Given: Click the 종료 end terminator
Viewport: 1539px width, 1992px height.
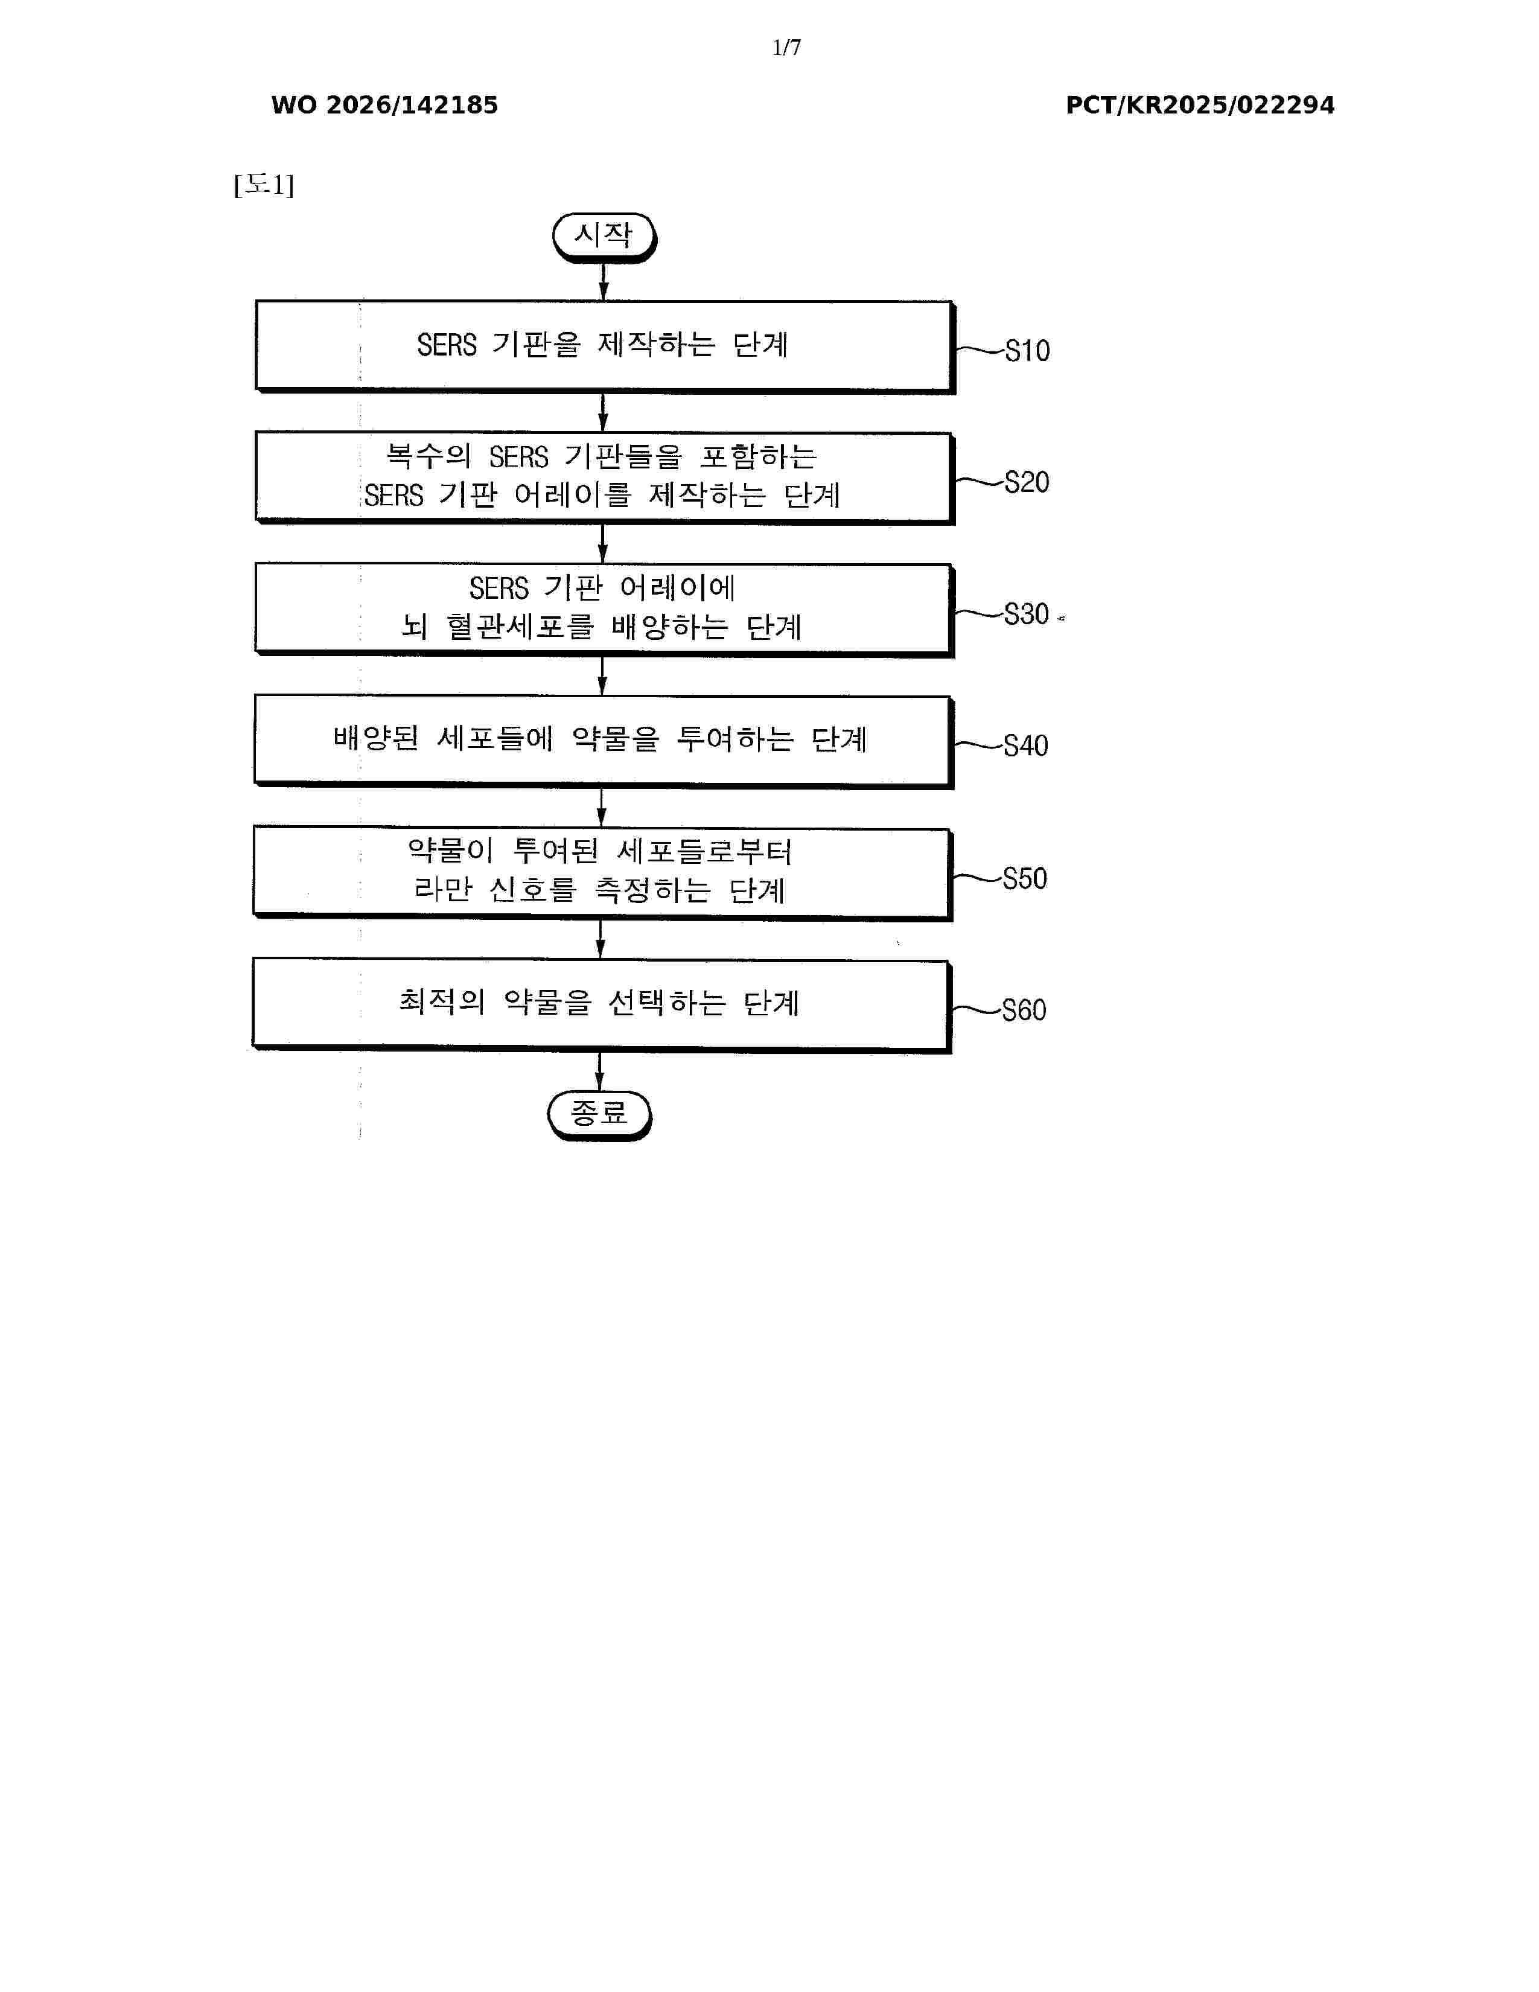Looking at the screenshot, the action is [x=599, y=1114].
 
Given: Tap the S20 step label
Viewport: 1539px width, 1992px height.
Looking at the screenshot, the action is [x=1027, y=482].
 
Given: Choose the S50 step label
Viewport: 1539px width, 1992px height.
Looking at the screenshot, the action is [x=1025, y=878].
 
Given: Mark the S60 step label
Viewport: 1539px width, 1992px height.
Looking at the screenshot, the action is [x=1024, y=1010].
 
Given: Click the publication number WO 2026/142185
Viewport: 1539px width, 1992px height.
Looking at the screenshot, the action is [x=385, y=105].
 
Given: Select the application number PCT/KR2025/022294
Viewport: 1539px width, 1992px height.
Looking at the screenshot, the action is [x=1200, y=105].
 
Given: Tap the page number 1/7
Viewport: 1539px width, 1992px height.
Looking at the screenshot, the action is [x=786, y=48].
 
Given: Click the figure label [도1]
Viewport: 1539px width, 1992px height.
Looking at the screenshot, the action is [x=264, y=185].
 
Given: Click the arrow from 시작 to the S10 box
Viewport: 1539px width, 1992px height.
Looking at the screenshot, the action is [x=604, y=282].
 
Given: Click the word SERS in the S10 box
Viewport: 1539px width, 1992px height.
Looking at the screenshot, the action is [x=447, y=345].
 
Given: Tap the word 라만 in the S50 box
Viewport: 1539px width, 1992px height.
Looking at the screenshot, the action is [x=443, y=889].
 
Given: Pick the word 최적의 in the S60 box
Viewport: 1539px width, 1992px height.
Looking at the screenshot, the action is [x=441, y=1001].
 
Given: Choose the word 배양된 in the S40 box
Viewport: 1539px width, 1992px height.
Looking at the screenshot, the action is [x=375, y=738].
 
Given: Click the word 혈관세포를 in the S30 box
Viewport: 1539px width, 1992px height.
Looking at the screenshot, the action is [x=520, y=627].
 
